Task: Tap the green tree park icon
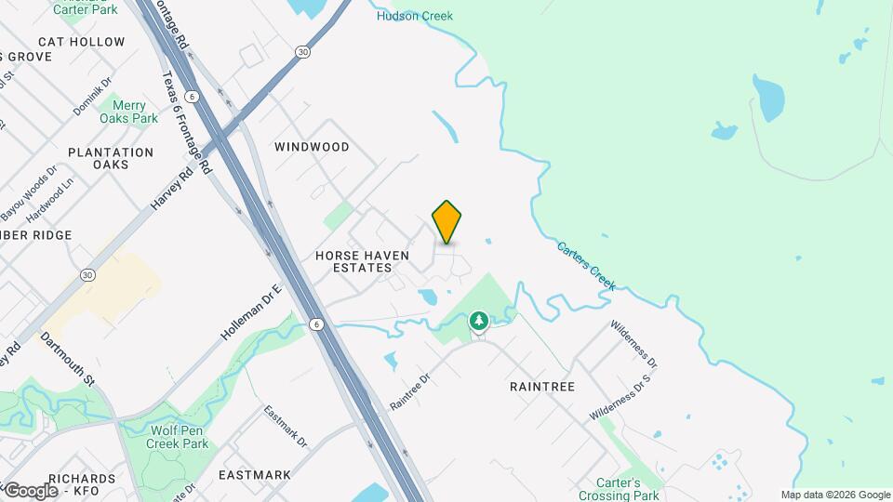point(479,322)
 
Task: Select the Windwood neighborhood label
point(312,147)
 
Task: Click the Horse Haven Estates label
point(353,260)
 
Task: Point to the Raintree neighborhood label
point(542,386)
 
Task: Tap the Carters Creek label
point(586,266)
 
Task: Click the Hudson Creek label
point(415,16)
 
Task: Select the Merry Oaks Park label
point(129,112)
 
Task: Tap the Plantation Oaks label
point(111,158)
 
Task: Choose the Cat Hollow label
point(82,42)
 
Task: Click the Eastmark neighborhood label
point(255,475)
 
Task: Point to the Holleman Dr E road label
point(251,312)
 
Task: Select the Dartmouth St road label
point(68,361)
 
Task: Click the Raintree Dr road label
point(410,392)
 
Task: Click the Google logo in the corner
point(31,490)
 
